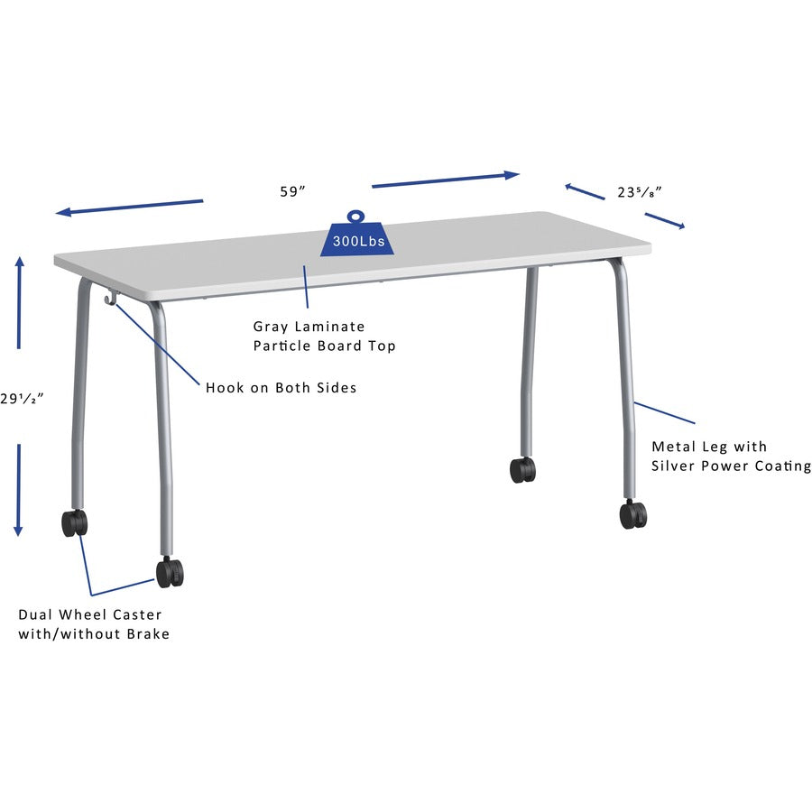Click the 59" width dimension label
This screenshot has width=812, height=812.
point(293,191)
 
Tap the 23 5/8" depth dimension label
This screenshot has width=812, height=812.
point(640,192)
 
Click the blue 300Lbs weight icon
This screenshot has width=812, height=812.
point(357,236)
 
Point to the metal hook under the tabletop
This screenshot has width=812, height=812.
point(111,298)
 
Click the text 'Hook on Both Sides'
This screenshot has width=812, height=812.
point(281,388)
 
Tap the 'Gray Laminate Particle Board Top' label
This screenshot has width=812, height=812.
point(324,336)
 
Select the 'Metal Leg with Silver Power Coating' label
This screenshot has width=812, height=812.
point(731,456)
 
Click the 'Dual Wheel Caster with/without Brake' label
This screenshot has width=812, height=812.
point(94,624)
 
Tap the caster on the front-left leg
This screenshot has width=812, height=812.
point(170,572)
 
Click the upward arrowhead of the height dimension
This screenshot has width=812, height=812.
point(19,263)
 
